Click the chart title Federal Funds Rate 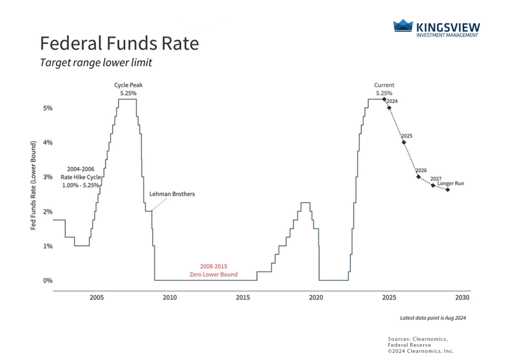click(x=119, y=43)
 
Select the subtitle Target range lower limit click(x=96, y=63)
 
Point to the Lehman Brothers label click(x=172, y=194)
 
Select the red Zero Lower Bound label click(x=214, y=271)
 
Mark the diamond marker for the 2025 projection click(x=404, y=142)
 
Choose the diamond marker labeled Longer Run click(x=448, y=190)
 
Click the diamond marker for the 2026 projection click(x=418, y=177)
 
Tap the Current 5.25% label click(x=384, y=89)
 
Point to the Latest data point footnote click(x=432, y=318)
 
